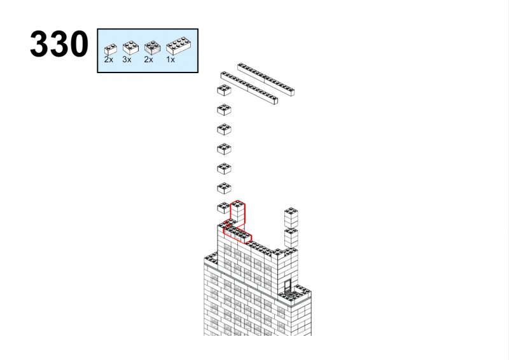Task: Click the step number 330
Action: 59,44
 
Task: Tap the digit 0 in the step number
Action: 78,44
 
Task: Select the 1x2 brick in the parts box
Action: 110,50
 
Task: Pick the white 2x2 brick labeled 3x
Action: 130,48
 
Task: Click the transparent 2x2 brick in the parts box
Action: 152,48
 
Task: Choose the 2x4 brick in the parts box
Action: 178,46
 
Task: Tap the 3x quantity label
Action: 127,60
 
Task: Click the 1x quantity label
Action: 171,60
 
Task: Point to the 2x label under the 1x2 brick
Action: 108,60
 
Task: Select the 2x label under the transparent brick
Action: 148,60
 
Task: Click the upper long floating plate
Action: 266,80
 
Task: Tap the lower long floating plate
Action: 249,88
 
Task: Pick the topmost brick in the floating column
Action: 224,90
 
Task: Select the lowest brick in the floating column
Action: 223,208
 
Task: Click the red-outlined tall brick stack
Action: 237,213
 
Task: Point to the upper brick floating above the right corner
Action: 291,217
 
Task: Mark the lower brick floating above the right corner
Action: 291,238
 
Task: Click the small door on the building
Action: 288,286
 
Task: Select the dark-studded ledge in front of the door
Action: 295,294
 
